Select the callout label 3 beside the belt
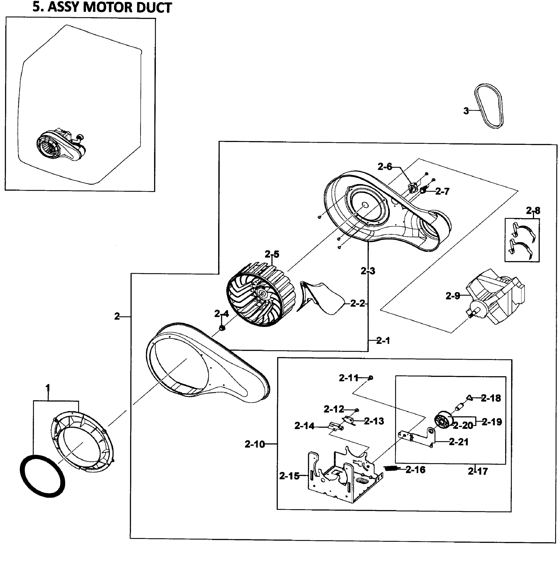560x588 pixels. [466, 111]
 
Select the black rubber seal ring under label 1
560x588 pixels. [42, 476]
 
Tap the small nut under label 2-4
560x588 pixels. [222, 328]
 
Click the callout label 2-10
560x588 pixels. [255, 444]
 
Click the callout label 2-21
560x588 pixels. [459, 442]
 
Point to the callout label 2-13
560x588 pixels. [374, 421]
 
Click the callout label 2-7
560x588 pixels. [442, 191]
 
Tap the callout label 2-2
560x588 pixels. [357, 304]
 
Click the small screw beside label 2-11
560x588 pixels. [370, 378]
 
